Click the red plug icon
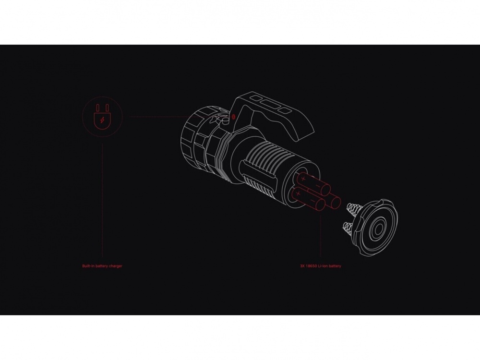102,116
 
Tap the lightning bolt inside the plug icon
102,120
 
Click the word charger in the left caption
115,266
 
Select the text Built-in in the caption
88,266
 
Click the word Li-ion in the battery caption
323,266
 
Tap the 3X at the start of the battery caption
302,266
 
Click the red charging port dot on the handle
233,117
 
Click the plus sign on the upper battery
303,178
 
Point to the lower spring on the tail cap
347,228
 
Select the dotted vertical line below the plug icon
102,201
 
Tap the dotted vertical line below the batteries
321,236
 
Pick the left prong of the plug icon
98,108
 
